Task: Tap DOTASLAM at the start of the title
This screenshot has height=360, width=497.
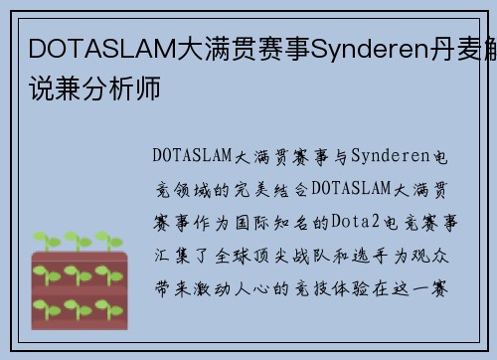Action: click(87, 48)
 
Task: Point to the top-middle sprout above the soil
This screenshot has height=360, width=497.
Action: click(75, 242)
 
